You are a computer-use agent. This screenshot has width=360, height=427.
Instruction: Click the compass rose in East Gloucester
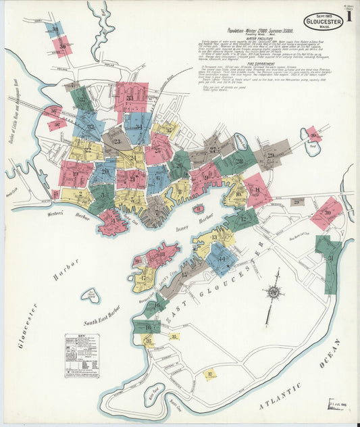[274, 292]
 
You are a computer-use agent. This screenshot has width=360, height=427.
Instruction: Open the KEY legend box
[82, 355]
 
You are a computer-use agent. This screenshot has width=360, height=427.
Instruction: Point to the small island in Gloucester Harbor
[90, 295]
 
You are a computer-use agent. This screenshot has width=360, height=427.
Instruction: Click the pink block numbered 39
[63, 47]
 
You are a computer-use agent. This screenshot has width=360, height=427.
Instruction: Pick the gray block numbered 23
[115, 141]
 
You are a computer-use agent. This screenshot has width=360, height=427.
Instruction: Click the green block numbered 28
[238, 161]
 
